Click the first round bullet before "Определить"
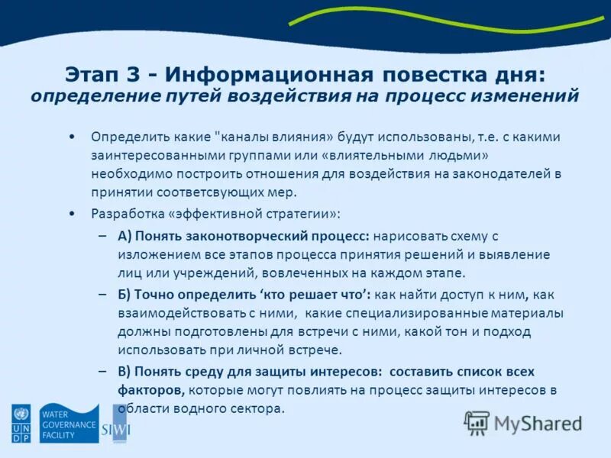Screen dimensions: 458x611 [x=72, y=137]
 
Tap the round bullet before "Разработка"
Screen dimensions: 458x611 [x=72, y=212]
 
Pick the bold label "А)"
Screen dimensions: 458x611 [x=125, y=237]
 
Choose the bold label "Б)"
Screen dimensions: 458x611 [x=125, y=295]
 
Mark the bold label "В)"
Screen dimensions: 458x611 [x=125, y=372]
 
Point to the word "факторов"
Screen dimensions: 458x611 [x=150, y=390]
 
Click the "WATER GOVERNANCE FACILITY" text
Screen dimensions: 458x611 [x=69, y=424]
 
